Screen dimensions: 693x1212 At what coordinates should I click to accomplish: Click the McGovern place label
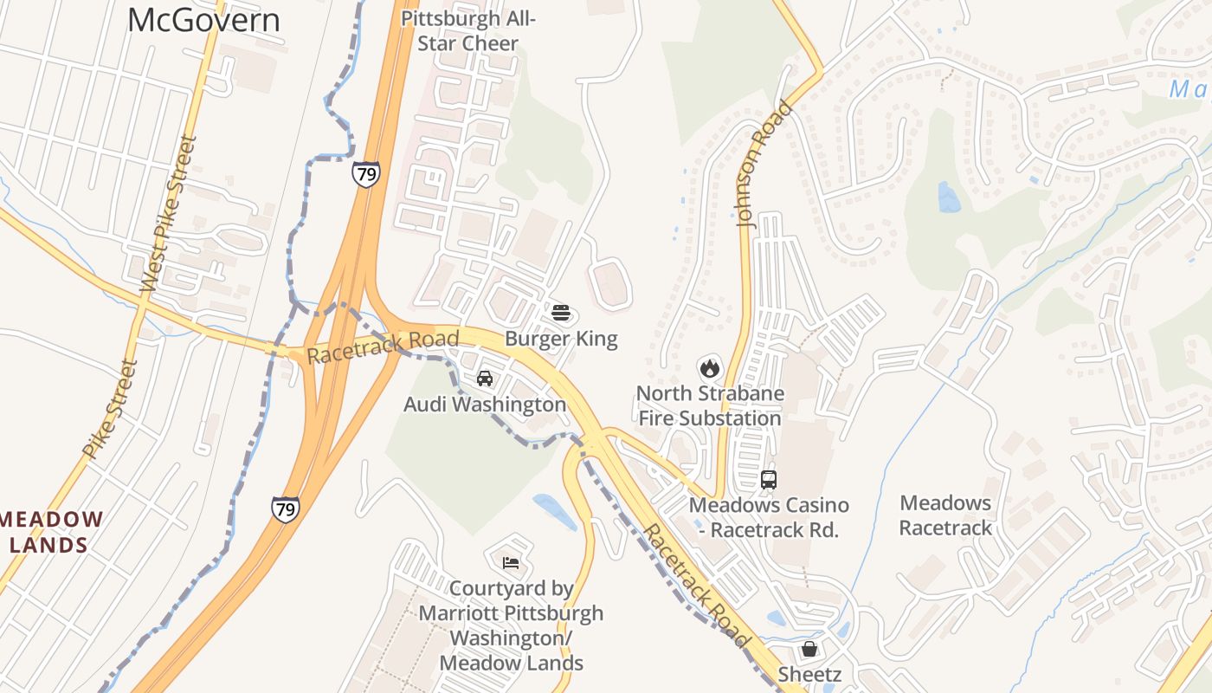[x=203, y=20]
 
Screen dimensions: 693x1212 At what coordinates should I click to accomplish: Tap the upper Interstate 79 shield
[x=365, y=174]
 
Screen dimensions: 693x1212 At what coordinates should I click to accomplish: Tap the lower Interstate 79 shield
[x=285, y=508]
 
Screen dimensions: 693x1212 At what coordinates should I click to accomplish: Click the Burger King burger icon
[x=561, y=312]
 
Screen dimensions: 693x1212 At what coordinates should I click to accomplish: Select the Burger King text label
[x=561, y=338]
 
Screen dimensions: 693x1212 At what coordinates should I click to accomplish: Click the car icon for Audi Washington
[x=485, y=379]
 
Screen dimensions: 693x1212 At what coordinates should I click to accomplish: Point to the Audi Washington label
[x=485, y=405]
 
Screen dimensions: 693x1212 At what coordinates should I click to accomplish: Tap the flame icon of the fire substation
[x=710, y=367]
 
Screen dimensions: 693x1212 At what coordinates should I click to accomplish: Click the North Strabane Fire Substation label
[x=710, y=405]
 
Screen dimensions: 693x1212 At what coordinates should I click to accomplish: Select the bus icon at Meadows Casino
[x=769, y=479]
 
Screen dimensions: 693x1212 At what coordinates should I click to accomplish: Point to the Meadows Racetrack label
[x=945, y=515]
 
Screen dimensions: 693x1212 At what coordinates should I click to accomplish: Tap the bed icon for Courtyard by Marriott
[x=511, y=563]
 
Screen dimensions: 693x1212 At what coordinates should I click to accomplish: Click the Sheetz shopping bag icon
[x=809, y=649]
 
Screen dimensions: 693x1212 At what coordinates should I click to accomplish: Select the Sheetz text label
[x=809, y=674]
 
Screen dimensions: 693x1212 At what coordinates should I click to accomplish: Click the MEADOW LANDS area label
[x=52, y=532]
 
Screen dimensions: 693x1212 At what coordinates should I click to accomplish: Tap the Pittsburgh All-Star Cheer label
[x=468, y=31]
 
